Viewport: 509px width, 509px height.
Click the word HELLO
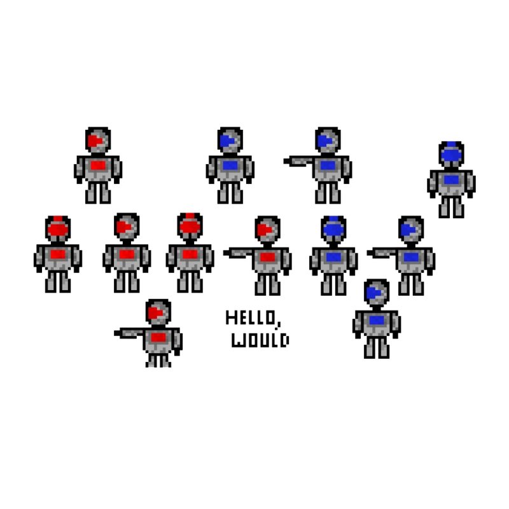coord(251,317)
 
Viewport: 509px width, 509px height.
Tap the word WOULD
coord(260,340)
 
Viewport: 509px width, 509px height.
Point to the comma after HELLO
coord(279,323)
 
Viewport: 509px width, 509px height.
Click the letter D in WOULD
coord(284,340)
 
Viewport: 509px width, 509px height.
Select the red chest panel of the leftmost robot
coord(58,254)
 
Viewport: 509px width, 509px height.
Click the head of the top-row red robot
coord(98,141)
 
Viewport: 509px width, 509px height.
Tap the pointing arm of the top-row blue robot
coord(298,161)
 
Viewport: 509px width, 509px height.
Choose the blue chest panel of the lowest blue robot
coord(377,321)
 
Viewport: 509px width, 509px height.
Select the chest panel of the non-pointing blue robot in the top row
coord(230,165)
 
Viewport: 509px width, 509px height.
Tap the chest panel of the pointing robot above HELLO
coord(267,257)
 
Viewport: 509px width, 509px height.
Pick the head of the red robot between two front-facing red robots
coord(127,227)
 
